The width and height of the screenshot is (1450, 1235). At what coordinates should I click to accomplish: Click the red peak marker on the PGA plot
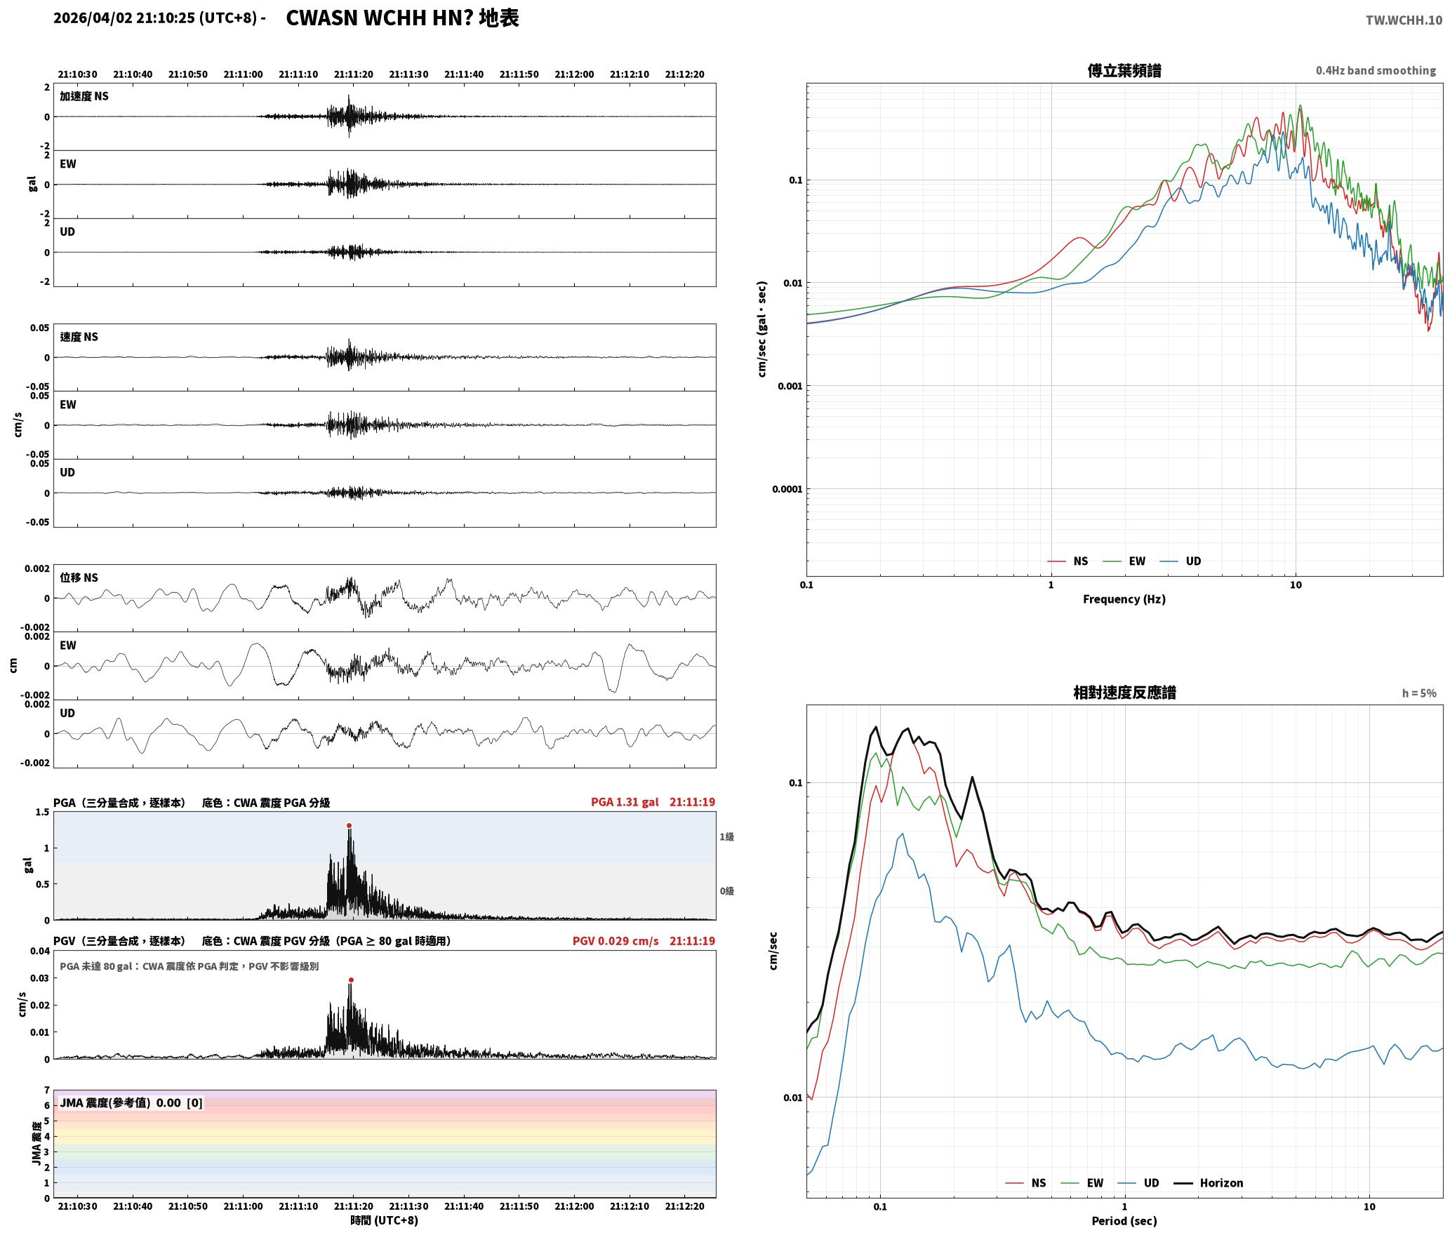[349, 826]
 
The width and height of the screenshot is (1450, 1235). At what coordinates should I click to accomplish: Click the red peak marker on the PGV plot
[351, 980]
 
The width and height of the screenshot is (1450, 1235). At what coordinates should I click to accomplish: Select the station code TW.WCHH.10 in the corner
[1404, 20]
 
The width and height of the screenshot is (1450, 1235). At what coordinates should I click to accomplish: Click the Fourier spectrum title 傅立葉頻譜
[1124, 70]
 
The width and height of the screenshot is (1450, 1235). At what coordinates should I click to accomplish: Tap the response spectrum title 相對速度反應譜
[1124, 693]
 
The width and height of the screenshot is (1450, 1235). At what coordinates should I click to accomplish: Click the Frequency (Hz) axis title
[1124, 599]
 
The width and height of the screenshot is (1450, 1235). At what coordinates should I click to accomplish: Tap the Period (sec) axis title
[1124, 1221]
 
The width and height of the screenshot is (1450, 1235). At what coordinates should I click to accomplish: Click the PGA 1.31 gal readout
[625, 802]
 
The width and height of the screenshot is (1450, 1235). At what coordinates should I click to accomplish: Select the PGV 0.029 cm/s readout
[616, 941]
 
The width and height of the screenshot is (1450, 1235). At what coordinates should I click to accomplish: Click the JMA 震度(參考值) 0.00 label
[120, 1102]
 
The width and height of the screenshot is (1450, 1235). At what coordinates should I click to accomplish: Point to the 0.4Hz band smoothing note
[1376, 71]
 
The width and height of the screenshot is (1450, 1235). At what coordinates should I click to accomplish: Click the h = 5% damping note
[1419, 693]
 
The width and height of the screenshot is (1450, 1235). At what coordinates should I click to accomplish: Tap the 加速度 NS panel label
[84, 96]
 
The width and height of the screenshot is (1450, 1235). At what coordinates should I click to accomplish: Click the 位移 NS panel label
[79, 578]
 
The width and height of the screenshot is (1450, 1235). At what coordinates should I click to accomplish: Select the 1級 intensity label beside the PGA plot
[726, 836]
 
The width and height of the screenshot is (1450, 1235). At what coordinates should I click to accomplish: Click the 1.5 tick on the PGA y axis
[42, 813]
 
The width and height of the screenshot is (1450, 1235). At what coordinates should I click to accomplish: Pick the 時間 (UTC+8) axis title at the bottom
[385, 1220]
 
